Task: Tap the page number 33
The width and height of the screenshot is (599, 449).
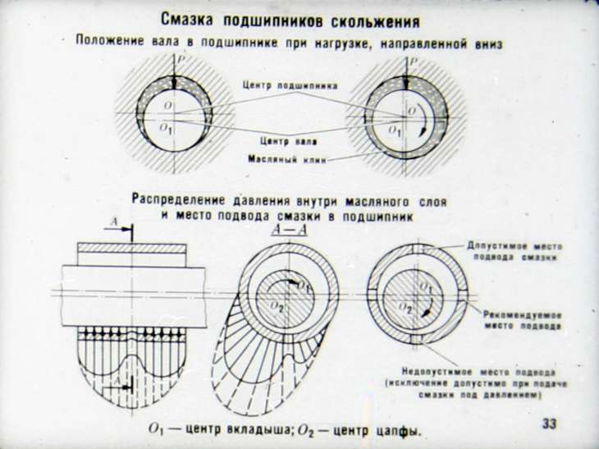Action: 549,424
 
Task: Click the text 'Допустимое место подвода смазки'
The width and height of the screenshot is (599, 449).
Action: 514,250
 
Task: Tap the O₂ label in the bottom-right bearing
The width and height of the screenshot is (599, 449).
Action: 405,306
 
